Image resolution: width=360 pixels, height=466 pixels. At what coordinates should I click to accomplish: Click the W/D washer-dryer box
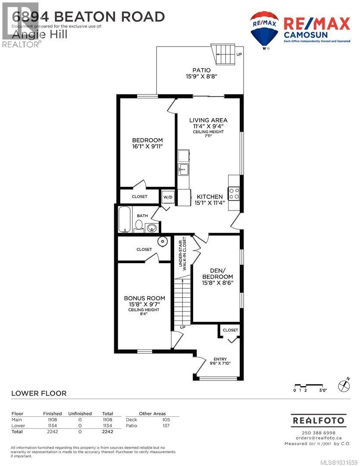[x=167, y=197]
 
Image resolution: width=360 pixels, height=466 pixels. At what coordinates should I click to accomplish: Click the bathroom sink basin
[x=151, y=227]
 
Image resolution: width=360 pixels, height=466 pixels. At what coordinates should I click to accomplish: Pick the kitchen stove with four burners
[x=234, y=193]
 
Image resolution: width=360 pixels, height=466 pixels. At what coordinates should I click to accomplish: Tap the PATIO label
[x=201, y=70]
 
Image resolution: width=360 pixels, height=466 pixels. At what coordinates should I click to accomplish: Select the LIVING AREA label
[x=208, y=120]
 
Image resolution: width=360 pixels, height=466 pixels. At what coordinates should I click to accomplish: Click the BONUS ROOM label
[x=144, y=298]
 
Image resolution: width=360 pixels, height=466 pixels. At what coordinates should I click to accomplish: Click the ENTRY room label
[x=220, y=359]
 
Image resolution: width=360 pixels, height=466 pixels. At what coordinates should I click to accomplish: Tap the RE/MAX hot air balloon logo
[x=264, y=28]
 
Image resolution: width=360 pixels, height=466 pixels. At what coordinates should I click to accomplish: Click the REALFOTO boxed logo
[x=318, y=420]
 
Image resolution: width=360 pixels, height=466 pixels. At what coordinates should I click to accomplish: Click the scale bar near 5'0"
[x=309, y=385]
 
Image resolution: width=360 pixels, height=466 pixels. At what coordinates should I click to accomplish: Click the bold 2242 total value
[x=107, y=431]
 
